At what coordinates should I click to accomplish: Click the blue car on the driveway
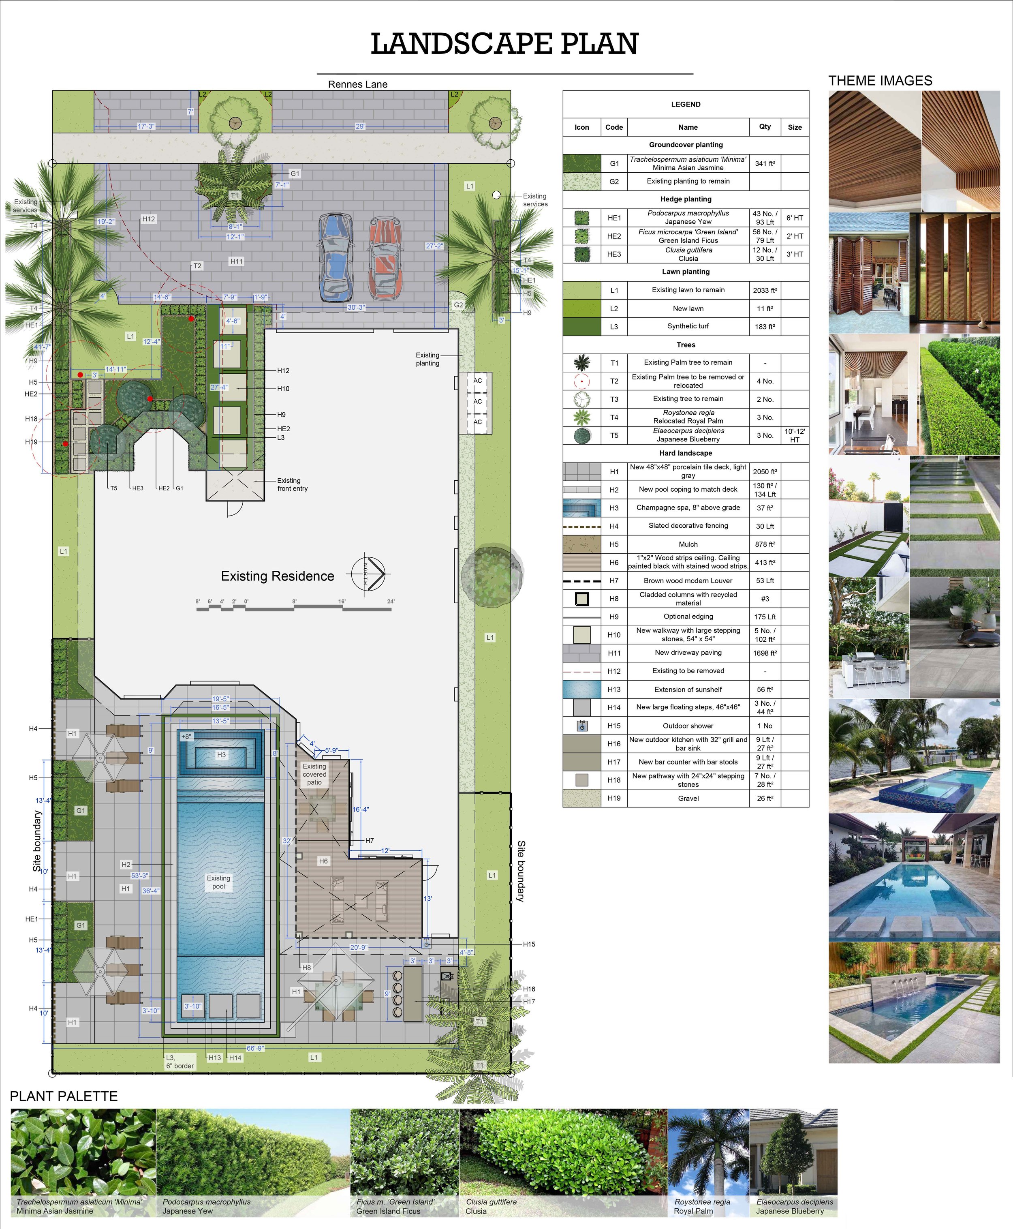point(336,257)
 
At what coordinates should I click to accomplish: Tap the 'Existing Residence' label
point(277,576)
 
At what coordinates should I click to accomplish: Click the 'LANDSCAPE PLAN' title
point(505,44)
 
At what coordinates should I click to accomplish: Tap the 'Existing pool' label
point(218,882)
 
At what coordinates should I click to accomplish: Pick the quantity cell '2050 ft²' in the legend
point(765,471)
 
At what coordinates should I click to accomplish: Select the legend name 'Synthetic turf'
point(688,326)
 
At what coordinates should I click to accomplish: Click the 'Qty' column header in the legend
point(765,126)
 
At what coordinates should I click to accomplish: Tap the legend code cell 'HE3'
point(614,254)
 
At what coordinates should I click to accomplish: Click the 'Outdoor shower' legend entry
point(688,726)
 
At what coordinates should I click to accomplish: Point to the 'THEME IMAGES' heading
point(880,81)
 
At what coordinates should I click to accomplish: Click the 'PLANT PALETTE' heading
point(64,1096)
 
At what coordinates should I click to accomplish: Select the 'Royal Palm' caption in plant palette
point(693,1211)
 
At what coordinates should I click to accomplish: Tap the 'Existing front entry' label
point(292,484)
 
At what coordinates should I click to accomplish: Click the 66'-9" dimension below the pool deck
point(255,1048)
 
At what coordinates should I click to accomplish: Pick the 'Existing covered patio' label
point(314,774)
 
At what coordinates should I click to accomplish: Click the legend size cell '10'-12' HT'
point(794,435)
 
